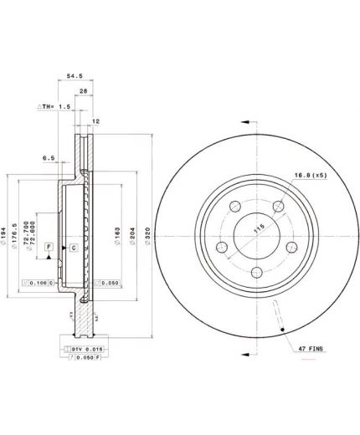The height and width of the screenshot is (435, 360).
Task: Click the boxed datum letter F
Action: click(49, 248)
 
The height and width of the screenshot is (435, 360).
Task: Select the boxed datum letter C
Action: click(73, 248)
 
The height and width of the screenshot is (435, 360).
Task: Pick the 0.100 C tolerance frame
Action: click(37, 284)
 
